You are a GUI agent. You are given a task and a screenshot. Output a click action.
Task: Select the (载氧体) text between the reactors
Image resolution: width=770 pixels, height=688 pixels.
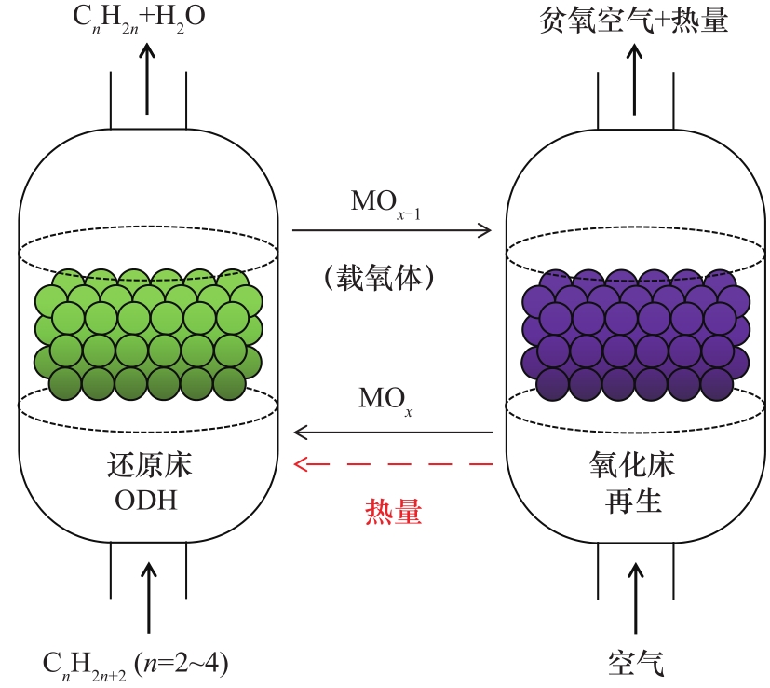point(390,277)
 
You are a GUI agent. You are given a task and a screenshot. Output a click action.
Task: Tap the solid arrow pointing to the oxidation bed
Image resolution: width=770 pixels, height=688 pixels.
point(392,229)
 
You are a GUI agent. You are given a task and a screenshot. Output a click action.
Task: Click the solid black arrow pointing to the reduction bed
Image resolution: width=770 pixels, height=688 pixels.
point(392,433)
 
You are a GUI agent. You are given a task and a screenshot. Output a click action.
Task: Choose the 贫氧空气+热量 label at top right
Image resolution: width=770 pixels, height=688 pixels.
point(633,21)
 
